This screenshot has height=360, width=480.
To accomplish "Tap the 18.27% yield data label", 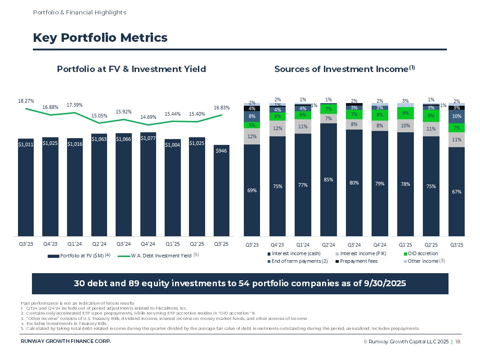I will point(26,101).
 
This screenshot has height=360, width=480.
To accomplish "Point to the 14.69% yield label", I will point(149,117).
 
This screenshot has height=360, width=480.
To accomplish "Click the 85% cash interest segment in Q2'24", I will point(328,180).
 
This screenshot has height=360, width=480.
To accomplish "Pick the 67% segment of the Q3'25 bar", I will point(457,192).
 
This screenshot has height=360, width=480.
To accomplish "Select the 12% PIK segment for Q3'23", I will point(252,136).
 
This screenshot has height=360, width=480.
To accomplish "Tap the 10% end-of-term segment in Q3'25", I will point(457,117).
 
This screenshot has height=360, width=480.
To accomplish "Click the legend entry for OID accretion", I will point(422,253).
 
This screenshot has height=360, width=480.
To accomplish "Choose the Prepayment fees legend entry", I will point(358,261).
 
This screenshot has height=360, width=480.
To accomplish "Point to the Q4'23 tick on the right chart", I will point(278,245).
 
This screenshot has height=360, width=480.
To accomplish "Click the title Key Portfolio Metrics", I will point(100,38).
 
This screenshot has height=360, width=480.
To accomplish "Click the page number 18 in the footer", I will point(458,342).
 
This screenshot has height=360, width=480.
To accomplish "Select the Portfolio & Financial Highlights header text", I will point(80,12).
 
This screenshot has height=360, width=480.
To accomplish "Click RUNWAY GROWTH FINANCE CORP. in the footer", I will point(66,341).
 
